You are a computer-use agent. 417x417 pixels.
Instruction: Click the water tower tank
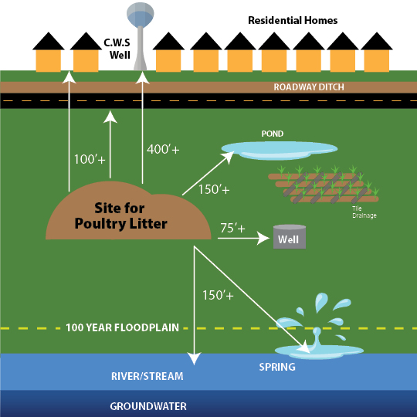pos(140,15)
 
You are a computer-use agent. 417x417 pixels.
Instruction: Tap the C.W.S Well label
pos(117,49)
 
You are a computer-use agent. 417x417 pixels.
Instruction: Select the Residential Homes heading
pos(293,21)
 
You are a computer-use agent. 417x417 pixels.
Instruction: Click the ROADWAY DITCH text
pos(309,87)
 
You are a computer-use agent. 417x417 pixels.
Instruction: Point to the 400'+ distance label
pos(163,149)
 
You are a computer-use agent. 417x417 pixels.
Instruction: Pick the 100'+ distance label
pos(90,159)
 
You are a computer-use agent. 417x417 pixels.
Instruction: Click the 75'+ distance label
pos(232,228)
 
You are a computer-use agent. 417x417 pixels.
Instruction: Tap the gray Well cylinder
pos(290,237)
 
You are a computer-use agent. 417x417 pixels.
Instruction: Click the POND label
pos(273,134)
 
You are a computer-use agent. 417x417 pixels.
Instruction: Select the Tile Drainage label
pos(364,212)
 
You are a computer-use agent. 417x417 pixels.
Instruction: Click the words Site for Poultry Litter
pos(120,215)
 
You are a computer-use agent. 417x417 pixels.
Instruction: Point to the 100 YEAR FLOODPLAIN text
pos(122,327)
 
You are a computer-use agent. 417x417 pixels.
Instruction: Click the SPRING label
pos(277,367)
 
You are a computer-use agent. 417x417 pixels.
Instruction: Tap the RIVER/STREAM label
pos(147,376)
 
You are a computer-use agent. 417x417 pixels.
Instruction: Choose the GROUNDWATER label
pos(148,406)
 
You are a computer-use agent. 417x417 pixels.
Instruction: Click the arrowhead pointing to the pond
pos(229,157)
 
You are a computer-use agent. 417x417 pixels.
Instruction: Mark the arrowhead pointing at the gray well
pos(263,238)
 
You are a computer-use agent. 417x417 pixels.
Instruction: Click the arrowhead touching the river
pos(194,358)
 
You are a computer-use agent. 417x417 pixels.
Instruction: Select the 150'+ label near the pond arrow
pos(214,189)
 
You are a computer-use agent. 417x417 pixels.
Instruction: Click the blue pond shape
pos(280,151)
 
